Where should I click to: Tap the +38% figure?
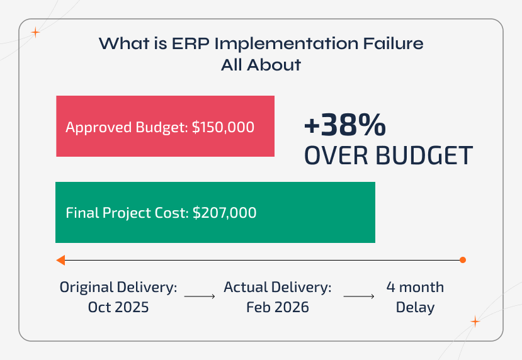(x=344, y=127)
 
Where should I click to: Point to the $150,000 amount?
(x=223, y=127)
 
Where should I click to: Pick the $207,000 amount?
(x=224, y=213)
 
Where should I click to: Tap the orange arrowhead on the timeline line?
(x=60, y=260)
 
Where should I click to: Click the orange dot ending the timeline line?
(x=463, y=260)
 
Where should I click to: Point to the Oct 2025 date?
(x=118, y=308)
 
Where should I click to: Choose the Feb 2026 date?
(x=278, y=308)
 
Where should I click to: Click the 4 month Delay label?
(x=415, y=297)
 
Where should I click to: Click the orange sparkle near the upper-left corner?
(x=36, y=33)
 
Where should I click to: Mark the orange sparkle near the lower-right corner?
(x=475, y=322)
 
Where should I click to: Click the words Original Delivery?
(x=118, y=288)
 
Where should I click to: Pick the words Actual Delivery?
(x=278, y=288)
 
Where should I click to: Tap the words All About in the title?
(x=261, y=64)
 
